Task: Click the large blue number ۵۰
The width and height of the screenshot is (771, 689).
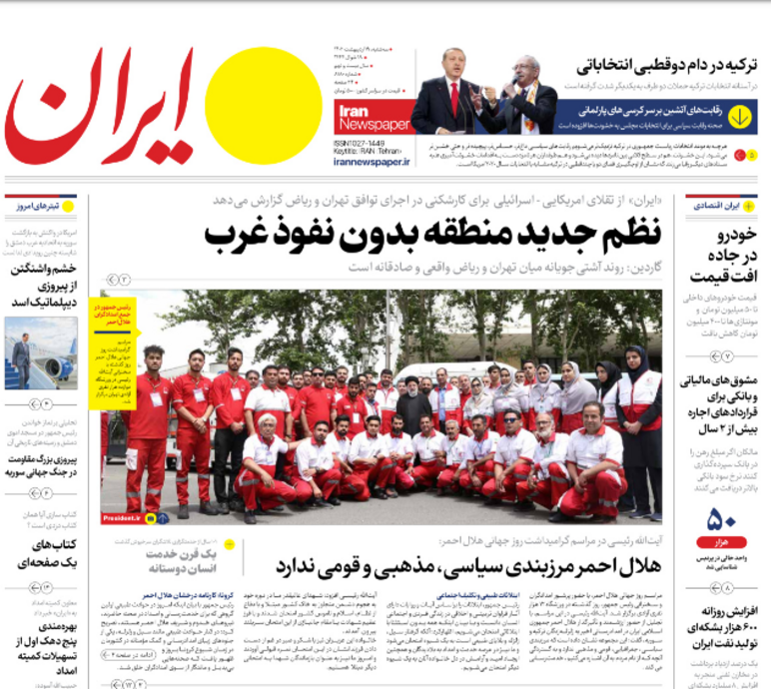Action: [721, 520]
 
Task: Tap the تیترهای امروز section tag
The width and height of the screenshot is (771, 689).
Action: [40, 205]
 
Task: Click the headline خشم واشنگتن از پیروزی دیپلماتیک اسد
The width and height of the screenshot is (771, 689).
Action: [45, 285]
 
